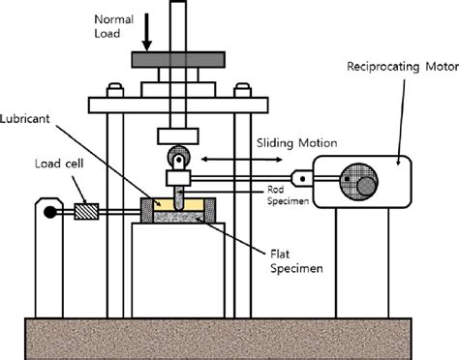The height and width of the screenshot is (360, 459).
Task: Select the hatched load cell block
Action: point(87,210)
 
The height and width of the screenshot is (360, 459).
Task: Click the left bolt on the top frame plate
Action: point(117,93)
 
